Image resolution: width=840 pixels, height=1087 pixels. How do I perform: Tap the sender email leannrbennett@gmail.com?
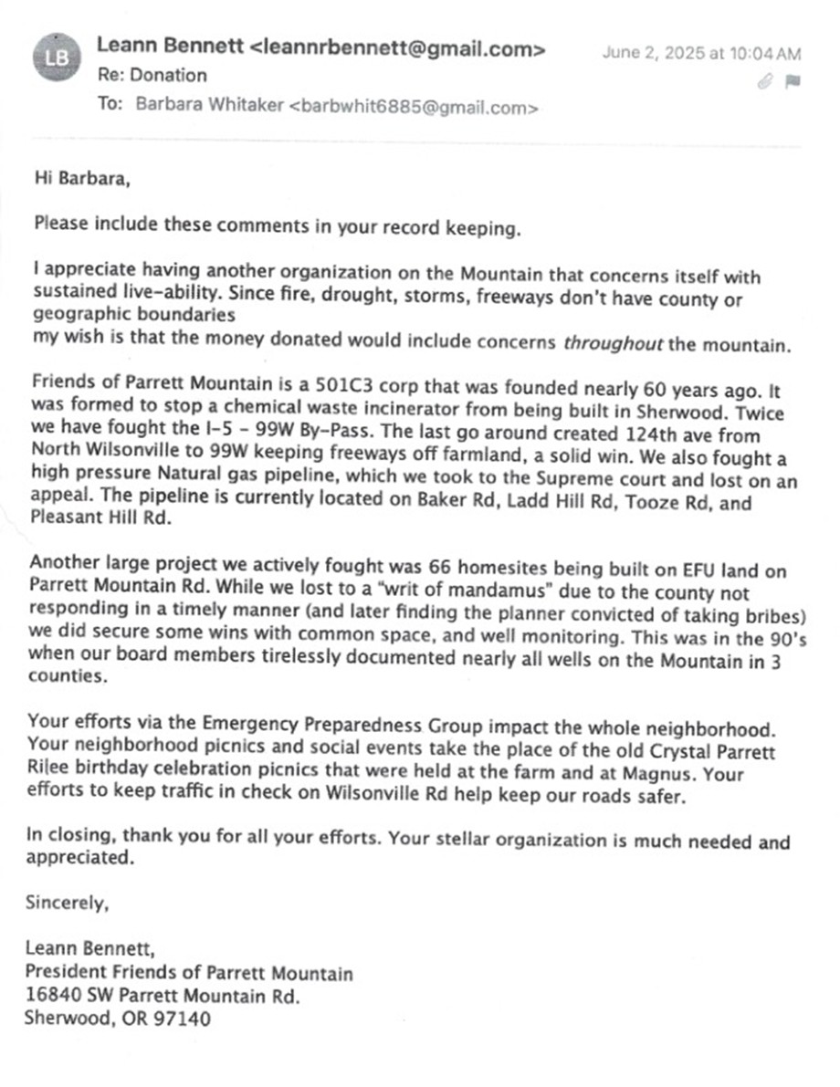(398, 49)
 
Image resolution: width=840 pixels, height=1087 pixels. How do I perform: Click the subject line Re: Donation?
(152, 76)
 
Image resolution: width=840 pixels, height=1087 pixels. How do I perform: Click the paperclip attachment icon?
(766, 81)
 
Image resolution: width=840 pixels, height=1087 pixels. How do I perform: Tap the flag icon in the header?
(792, 81)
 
